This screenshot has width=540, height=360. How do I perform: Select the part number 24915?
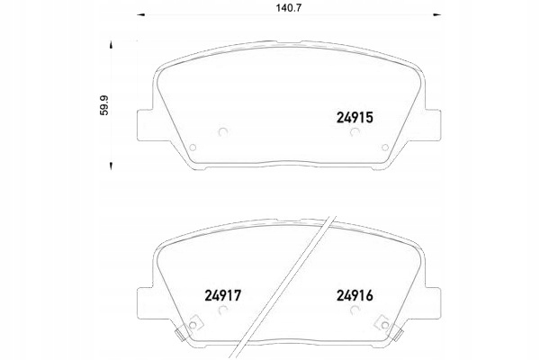pos(354,116)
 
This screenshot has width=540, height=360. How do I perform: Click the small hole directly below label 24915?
pos(354,135)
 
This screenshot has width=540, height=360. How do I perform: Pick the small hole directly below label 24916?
pos(355,312)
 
